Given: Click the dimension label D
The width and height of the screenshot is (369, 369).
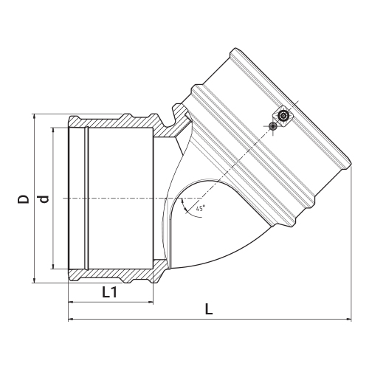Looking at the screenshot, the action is click(x=23, y=199).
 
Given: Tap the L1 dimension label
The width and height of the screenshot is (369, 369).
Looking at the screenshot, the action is click(x=110, y=292).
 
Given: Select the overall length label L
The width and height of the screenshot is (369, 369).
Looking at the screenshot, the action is click(x=209, y=308).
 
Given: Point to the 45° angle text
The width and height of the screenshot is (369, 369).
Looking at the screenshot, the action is click(x=201, y=209).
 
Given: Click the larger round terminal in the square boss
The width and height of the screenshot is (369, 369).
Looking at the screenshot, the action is click(x=283, y=115).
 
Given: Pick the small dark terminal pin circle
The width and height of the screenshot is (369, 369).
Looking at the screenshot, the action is click(x=273, y=126).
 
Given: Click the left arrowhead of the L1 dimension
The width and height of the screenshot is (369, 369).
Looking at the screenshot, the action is click(x=71, y=302).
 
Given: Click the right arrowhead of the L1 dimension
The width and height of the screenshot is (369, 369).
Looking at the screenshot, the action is click(x=151, y=302).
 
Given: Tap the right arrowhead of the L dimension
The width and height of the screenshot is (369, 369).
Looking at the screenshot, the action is click(x=348, y=320).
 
